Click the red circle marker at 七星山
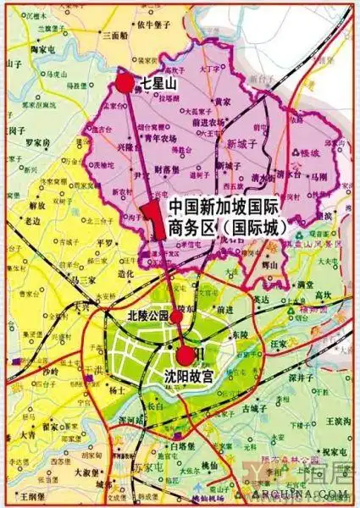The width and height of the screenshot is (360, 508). (x=126, y=82)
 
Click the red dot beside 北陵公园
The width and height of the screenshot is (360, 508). (x=176, y=317)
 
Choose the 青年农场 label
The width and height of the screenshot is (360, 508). (x=160, y=138)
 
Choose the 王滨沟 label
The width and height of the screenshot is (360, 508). (x=337, y=421)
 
